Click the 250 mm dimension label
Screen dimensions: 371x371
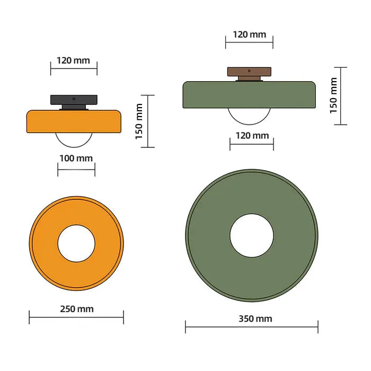tap(76, 309)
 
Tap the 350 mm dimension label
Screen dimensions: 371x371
tap(252, 319)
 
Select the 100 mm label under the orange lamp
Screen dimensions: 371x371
tap(76, 158)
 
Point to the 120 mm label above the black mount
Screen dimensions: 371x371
tap(74, 60)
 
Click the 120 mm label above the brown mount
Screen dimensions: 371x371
tap(249, 34)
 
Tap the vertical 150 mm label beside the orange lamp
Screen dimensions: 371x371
tap(139, 121)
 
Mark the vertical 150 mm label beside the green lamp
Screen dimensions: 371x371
tap(333, 95)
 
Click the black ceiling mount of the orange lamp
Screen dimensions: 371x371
tap(74, 100)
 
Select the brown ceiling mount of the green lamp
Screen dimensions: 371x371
tap(249, 72)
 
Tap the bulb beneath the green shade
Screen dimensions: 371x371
tap(249, 116)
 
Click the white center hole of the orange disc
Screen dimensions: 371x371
tap(76, 243)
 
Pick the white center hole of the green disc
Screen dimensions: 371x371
tap(252, 235)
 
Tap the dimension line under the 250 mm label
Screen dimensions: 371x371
tap(76, 318)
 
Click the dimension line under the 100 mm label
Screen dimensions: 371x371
tap(76, 170)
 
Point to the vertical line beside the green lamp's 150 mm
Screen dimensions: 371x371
tap(341, 96)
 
